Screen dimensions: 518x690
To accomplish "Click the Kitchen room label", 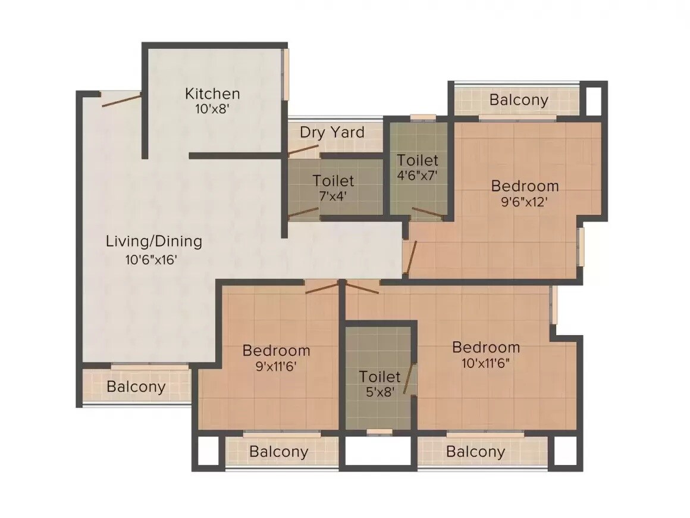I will click(x=212, y=93).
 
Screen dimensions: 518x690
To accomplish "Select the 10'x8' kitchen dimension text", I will click(x=212, y=109).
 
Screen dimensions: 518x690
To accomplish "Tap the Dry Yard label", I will click(x=332, y=132).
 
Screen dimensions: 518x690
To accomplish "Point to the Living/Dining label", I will click(x=154, y=241).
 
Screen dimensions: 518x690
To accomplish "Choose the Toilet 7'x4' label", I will click(x=333, y=180).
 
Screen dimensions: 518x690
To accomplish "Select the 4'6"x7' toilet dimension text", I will click(x=418, y=176).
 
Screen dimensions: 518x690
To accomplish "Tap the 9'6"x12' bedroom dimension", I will click(x=525, y=201).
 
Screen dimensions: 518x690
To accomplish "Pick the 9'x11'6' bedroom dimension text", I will click(x=276, y=366).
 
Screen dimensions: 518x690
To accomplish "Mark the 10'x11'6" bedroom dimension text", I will click(x=486, y=363).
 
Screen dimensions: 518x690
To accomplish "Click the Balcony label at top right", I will click(x=519, y=99).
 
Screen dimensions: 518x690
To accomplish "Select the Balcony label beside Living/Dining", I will click(x=136, y=386).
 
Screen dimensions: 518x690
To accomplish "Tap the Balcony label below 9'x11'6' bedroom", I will click(x=278, y=451).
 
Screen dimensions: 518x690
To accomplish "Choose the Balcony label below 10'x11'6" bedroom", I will click(x=475, y=451).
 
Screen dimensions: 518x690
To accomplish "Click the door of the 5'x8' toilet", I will click(x=409, y=379).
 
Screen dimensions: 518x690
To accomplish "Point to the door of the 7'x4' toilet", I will click(x=303, y=213).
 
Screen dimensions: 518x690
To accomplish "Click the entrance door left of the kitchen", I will click(x=121, y=100).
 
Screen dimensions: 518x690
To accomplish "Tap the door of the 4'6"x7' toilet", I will click(x=428, y=212).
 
